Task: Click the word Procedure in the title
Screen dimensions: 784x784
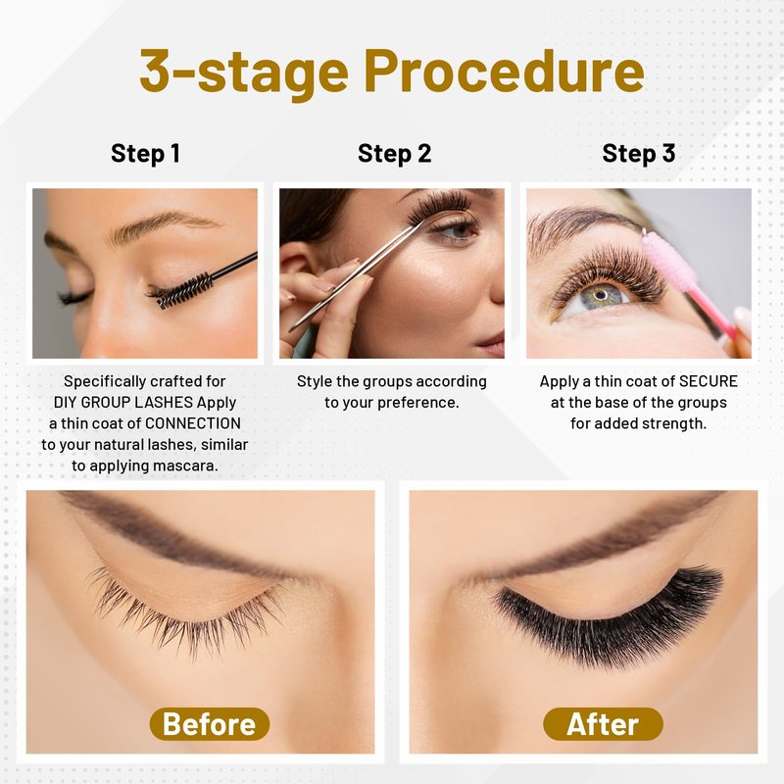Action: pos(504,72)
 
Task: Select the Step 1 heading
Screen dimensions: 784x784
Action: pos(145,154)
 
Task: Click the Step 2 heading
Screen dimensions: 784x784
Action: pos(395,154)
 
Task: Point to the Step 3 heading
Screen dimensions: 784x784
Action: pos(639,154)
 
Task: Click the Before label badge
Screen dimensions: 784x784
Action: pos(210,724)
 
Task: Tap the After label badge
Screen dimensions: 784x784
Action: pos(603,724)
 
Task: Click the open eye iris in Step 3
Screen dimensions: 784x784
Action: pos(601,296)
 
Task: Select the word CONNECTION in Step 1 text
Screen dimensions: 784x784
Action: pos(193,423)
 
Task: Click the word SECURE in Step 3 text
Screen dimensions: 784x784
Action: pos(708,381)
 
